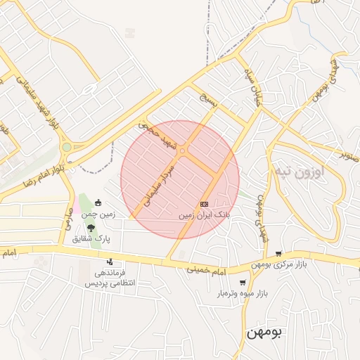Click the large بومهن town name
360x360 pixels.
coord(262,332)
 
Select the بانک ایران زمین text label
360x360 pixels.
coord(204,214)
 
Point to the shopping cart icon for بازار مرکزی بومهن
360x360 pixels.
coord(279,254)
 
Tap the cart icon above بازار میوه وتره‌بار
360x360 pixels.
coord(243,282)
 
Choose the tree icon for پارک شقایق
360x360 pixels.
coord(91,227)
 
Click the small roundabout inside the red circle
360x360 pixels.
coord(182,150)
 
